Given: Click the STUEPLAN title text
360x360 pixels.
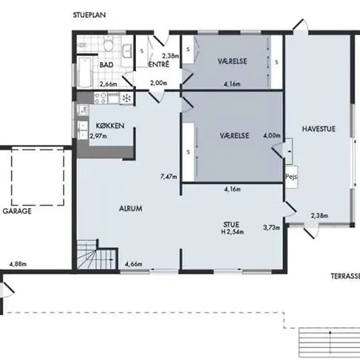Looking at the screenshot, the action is (x=90, y=15).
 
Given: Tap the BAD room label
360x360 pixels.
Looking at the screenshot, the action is (x=106, y=65).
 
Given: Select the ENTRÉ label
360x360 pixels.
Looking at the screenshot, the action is (x=158, y=65).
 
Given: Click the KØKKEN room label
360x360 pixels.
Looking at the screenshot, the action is (x=110, y=126).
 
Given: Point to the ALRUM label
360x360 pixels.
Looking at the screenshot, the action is (x=130, y=209).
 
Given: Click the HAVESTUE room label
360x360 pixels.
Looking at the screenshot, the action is (x=318, y=129).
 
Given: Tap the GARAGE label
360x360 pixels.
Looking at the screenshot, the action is (x=17, y=211).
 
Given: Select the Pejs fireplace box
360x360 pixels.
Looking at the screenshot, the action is (x=291, y=177).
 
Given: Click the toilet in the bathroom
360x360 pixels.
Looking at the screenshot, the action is (x=108, y=44).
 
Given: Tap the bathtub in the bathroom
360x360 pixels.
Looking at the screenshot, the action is (x=86, y=72).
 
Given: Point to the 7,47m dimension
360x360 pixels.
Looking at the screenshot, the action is (x=169, y=177).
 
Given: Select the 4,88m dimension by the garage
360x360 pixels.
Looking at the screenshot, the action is (x=18, y=264).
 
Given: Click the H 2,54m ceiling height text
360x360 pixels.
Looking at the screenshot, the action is (x=232, y=232).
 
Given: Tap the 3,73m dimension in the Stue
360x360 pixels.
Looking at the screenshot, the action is (x=271, y=227).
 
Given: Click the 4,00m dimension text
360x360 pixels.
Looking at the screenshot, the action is (x=272, y=135).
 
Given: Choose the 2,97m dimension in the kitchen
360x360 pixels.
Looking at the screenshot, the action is (x=98, y=136).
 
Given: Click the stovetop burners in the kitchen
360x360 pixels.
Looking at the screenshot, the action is (x=101, y=98).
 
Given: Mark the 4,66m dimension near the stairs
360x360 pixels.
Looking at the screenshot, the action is (x=134, y=264).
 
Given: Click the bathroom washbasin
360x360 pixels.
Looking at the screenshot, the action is (x=127, y=50).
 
